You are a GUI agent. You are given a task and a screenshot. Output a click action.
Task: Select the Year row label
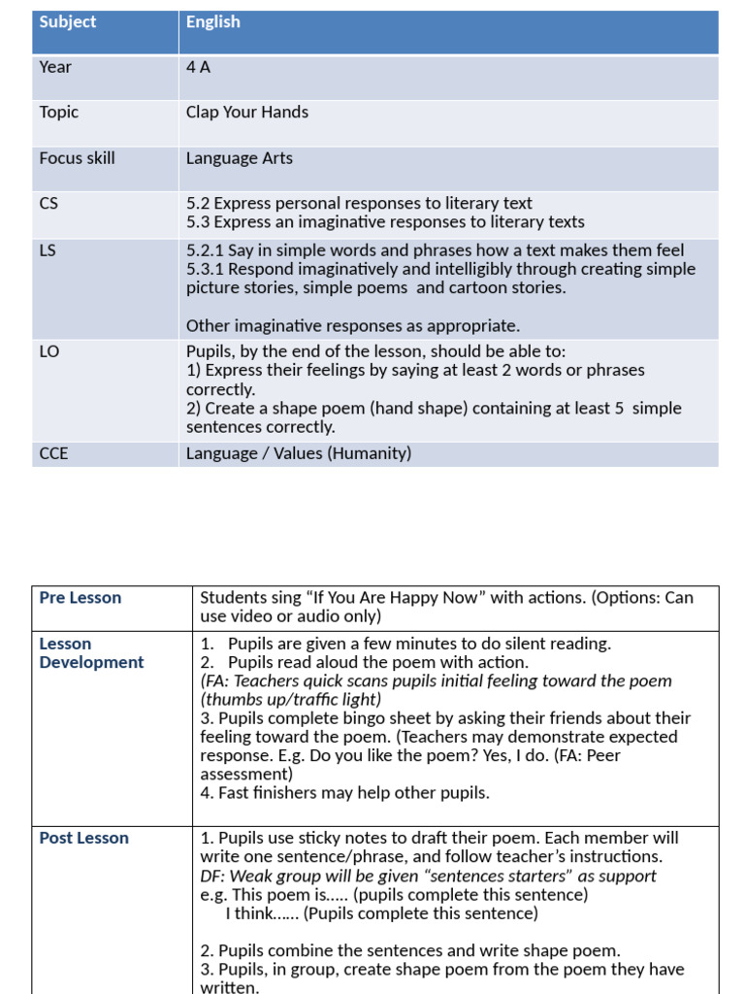pyautogui.click(x=55, y=67)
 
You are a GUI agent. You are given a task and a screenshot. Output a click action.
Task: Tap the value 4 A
pyautogui.click(x=198, y=67)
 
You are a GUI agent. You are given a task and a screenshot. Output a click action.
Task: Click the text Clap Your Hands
pyautogui.click(x=247, y=113)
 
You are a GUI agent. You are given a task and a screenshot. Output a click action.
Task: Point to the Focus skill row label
pyautogui.click(x=77, y=158)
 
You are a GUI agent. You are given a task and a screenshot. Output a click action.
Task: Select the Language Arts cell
pyautogui.click(x=240, y=158)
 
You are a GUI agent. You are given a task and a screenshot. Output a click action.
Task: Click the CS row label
pyautogui.click(x=49, y=204)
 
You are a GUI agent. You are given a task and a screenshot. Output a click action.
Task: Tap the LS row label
pyautogui.click(x=48, y=250)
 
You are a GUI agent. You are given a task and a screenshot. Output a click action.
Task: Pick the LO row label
pyautogui.click(x=49, y=351)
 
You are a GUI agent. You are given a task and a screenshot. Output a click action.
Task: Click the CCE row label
pyautogui.click(x=53, y=453)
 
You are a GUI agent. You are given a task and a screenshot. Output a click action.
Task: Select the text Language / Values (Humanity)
pyautogui.click(x=299, y=453)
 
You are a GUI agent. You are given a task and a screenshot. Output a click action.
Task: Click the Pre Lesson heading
pyautogui.click(x=81, y=598)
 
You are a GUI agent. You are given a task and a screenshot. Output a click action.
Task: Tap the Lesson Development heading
pyautogui.click(x=91, y=653)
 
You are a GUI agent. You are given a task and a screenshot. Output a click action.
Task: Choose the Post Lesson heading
pyautogui.click(x=83, y=838)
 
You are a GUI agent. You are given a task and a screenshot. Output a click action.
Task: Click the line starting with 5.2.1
pyautogui.click(x=436, y=250)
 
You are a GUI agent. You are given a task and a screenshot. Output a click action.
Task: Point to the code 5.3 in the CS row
pyautogui.click(x=198, y=222)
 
